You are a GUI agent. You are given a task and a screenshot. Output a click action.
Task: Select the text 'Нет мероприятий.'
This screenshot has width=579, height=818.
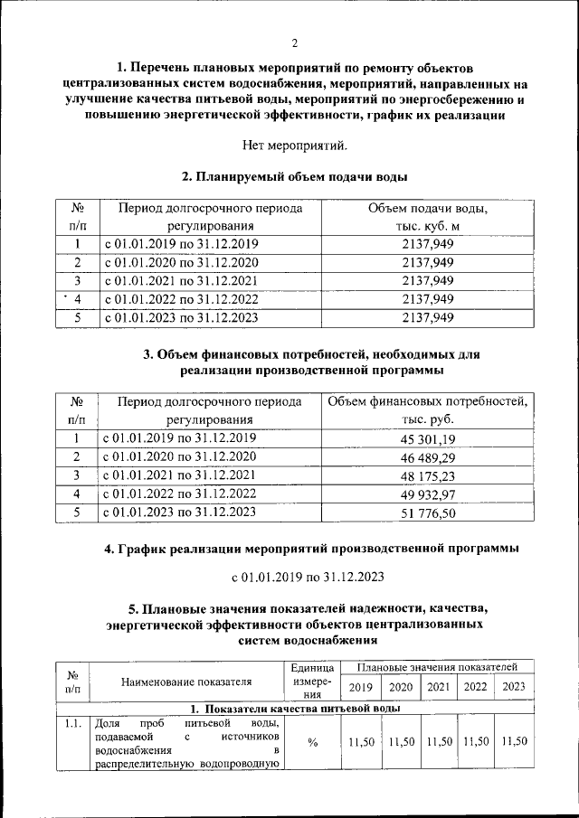pyautogui.click(x=295, y=145)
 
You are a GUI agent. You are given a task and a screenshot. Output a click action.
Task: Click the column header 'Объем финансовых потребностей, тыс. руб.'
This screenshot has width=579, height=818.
pyautogui.click(x=426, y=410)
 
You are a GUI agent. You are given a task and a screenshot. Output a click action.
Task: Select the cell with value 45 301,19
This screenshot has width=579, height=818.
pyautogui.click(x=426, y=439)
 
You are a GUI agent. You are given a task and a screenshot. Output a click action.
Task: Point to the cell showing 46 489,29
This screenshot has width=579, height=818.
pyautogui.click(x=426, y=458)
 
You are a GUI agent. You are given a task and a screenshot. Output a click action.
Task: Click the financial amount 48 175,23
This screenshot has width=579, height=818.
pyautogui.click(x=426, y=476)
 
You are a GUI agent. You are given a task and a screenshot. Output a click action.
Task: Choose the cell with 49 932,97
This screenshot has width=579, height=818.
pyautogui.click(x=426, y=494)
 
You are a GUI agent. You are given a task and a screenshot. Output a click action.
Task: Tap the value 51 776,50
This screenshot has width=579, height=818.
pyautogui.click(x=426, y=512)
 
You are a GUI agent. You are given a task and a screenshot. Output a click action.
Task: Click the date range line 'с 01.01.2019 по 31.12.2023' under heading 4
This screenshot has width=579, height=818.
pyautogui.click(x=308, y=578)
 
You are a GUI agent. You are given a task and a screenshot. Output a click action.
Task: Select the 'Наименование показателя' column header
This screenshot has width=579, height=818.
pyautogui.click(x=186, y=682)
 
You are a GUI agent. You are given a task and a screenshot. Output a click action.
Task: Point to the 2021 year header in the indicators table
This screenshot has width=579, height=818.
pyautogui.click(x=439, y=687)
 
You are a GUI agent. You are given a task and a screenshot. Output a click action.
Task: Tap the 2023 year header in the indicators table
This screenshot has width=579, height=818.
pyautogui.click(x=514, y=687)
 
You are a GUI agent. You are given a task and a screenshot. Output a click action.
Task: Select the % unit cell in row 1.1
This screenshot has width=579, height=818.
pyautogui.click(x=311, y=743)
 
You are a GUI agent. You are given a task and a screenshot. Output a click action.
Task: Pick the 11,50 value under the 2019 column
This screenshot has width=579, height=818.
pyautogui.click(x=361, y=742)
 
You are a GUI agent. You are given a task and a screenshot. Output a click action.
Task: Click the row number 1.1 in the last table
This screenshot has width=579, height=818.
pyautogui.click(x=72, y=725)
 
